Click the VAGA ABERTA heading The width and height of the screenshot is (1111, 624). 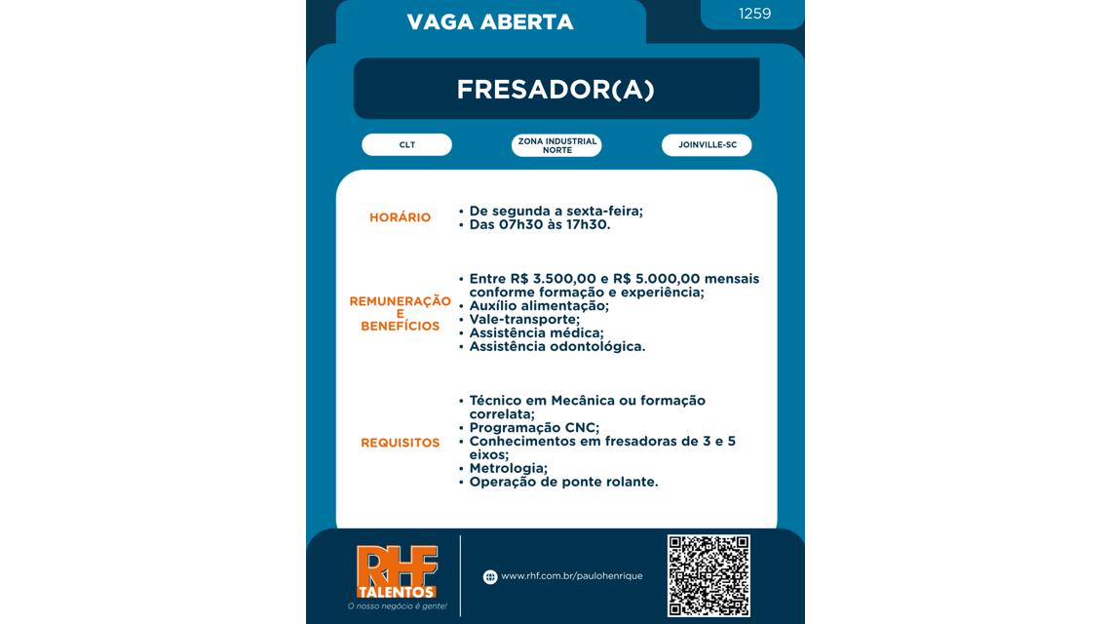click(x=490, y=21)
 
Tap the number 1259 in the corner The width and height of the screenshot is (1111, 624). click(x=754, y=14)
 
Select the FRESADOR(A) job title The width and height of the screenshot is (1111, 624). click(x=555, y=90)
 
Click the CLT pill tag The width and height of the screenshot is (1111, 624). click(x=406, y=145)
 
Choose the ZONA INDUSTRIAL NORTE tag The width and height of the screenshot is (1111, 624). click(x=556, y=145)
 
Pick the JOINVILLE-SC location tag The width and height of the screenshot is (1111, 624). click(x=707, y=145)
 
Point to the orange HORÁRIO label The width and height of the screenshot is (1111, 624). click(x=400, y=217)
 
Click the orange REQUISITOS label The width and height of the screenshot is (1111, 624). click(x=400, y=443)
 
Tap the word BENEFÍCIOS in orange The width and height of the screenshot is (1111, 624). click(x=400, y=327)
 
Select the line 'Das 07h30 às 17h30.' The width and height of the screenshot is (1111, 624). click(x=539, y=224)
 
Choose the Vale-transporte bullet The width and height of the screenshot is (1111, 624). click(x=524, y=319)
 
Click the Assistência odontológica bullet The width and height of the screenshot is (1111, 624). click(x=556, y=346)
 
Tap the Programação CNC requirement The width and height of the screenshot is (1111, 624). click(x=534, y=428)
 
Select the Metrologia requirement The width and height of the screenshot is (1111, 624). click(x=508, y=469)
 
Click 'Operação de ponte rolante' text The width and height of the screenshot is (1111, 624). click(x=563, y=483)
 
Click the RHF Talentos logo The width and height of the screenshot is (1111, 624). click(x=397, y=575)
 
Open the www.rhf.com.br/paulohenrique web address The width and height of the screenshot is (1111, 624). click(x=571, y=576)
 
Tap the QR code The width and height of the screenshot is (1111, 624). click(x=709, y=575)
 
